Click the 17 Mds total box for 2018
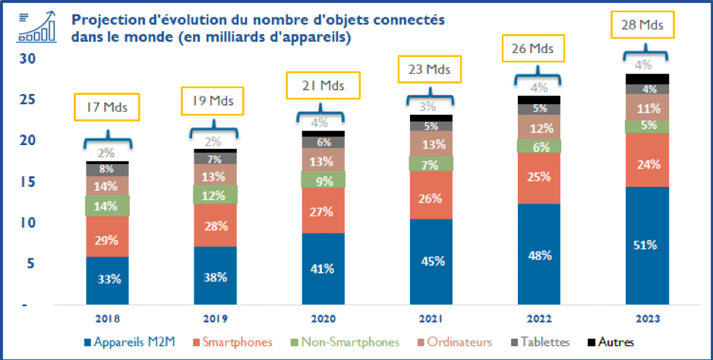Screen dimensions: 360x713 [107, 106]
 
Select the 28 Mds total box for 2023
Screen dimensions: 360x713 [642, 26]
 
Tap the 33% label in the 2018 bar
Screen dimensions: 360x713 [107, 278]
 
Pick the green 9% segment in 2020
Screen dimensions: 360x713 [322, 181]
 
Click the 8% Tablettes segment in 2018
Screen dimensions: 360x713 [107, 169]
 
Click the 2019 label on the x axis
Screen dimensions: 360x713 [215, 320]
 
